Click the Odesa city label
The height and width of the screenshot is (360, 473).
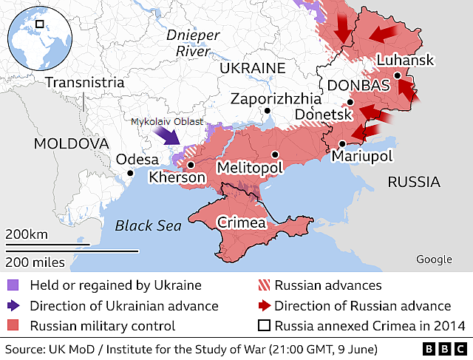[x=137, y=160]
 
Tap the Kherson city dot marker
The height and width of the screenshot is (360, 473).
[x=191, y=166]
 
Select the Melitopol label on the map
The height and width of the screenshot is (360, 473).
[x=250, y=169]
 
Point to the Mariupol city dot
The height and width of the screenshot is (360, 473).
[x=342, y=143]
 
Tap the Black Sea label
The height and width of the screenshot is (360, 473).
[x=149, y=225]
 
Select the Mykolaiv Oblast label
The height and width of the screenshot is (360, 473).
[x=167, y=121]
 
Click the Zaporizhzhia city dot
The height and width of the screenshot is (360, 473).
[x=268, y=111]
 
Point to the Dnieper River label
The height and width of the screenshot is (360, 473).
[x=192, y=43]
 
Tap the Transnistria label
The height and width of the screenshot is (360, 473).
[x=84, y=82]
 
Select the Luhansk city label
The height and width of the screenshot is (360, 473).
[x=405, y=61]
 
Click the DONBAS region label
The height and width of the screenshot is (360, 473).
[x=358, y=86]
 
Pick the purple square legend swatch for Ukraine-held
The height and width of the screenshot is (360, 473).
[x=14, y=285]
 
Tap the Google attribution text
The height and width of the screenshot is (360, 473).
[x=434, y=259]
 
